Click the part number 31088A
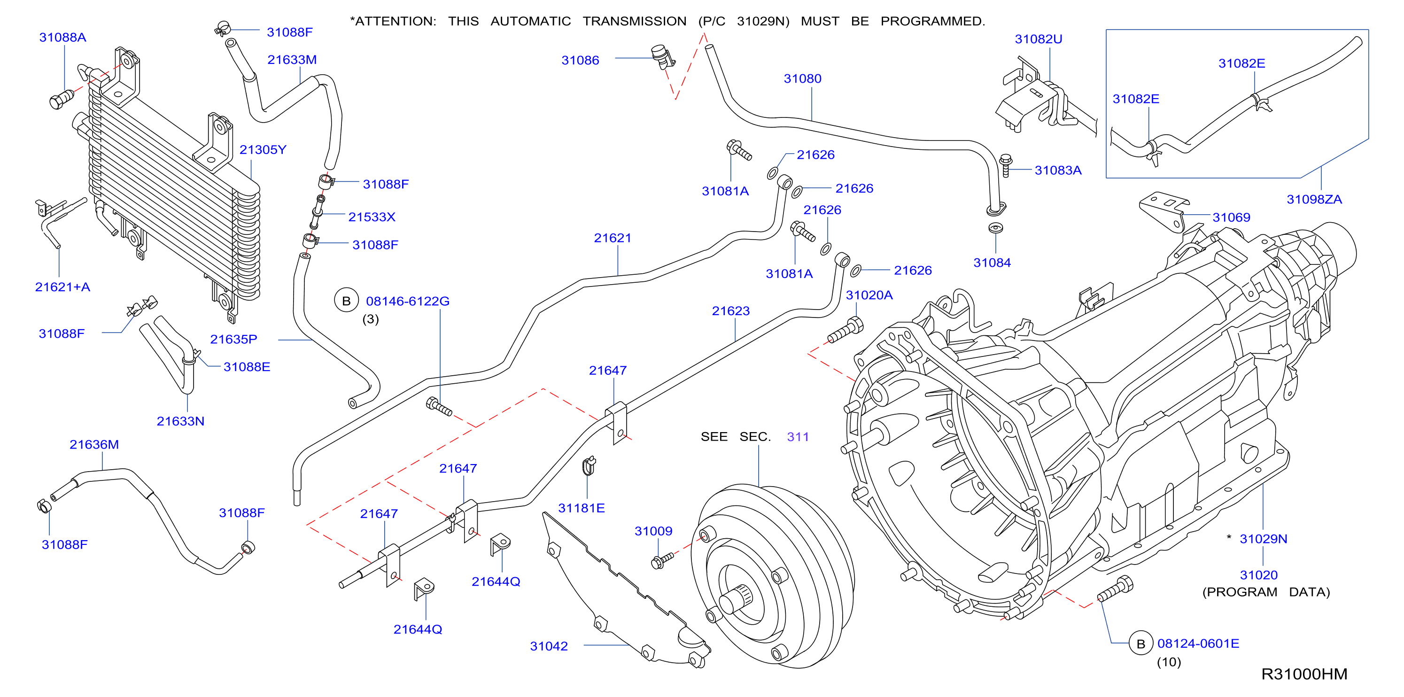[x=62, y=38]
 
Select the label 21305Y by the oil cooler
[x=263, y=150]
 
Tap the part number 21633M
[x=292, y=60]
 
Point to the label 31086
[x=580, y=61]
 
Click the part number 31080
[x=802, y=79]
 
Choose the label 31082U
[x=1038, y=39]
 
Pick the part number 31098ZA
[x=1314, y=200]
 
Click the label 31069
[x=1231, y=217]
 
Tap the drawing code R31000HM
[x=1304, y=674]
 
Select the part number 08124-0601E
[x=1198, y=643]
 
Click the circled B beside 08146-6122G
[x=346, y=301]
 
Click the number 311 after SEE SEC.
[x=798, y=437]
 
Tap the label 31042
[x=549, y=646]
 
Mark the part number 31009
[x=653, y=531]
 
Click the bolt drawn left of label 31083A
[x=1006, y=166]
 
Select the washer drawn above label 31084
[x=995, y=228]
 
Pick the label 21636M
[x=94, y=445]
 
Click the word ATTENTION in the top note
[x=395, y=21]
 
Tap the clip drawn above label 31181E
[x=589, y=466]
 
